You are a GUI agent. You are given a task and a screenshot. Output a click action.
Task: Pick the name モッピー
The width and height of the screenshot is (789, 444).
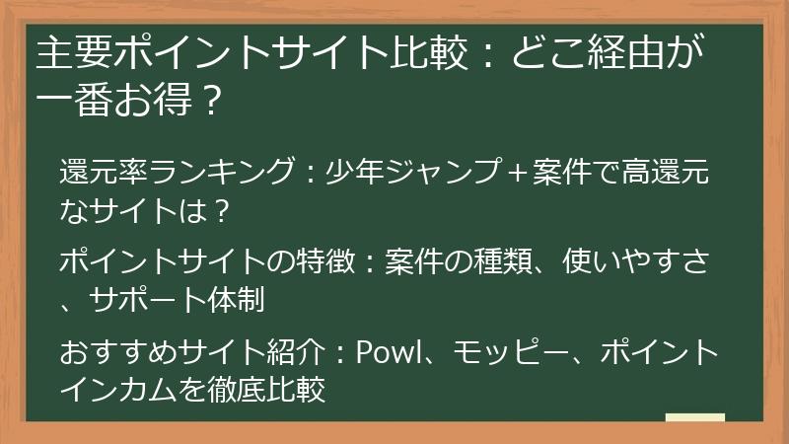pos(508,353)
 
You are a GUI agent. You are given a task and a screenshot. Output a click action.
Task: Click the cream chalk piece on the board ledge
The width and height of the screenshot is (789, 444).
pos(695,418)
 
